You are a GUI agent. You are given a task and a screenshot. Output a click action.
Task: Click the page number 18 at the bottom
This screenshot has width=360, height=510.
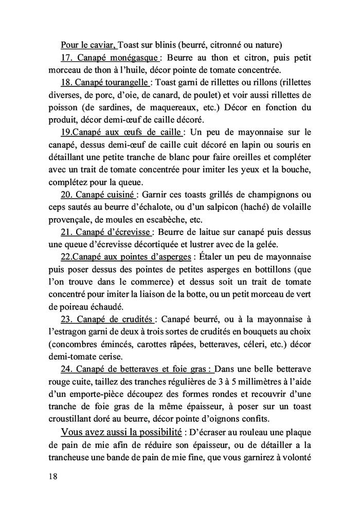[50, 476]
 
